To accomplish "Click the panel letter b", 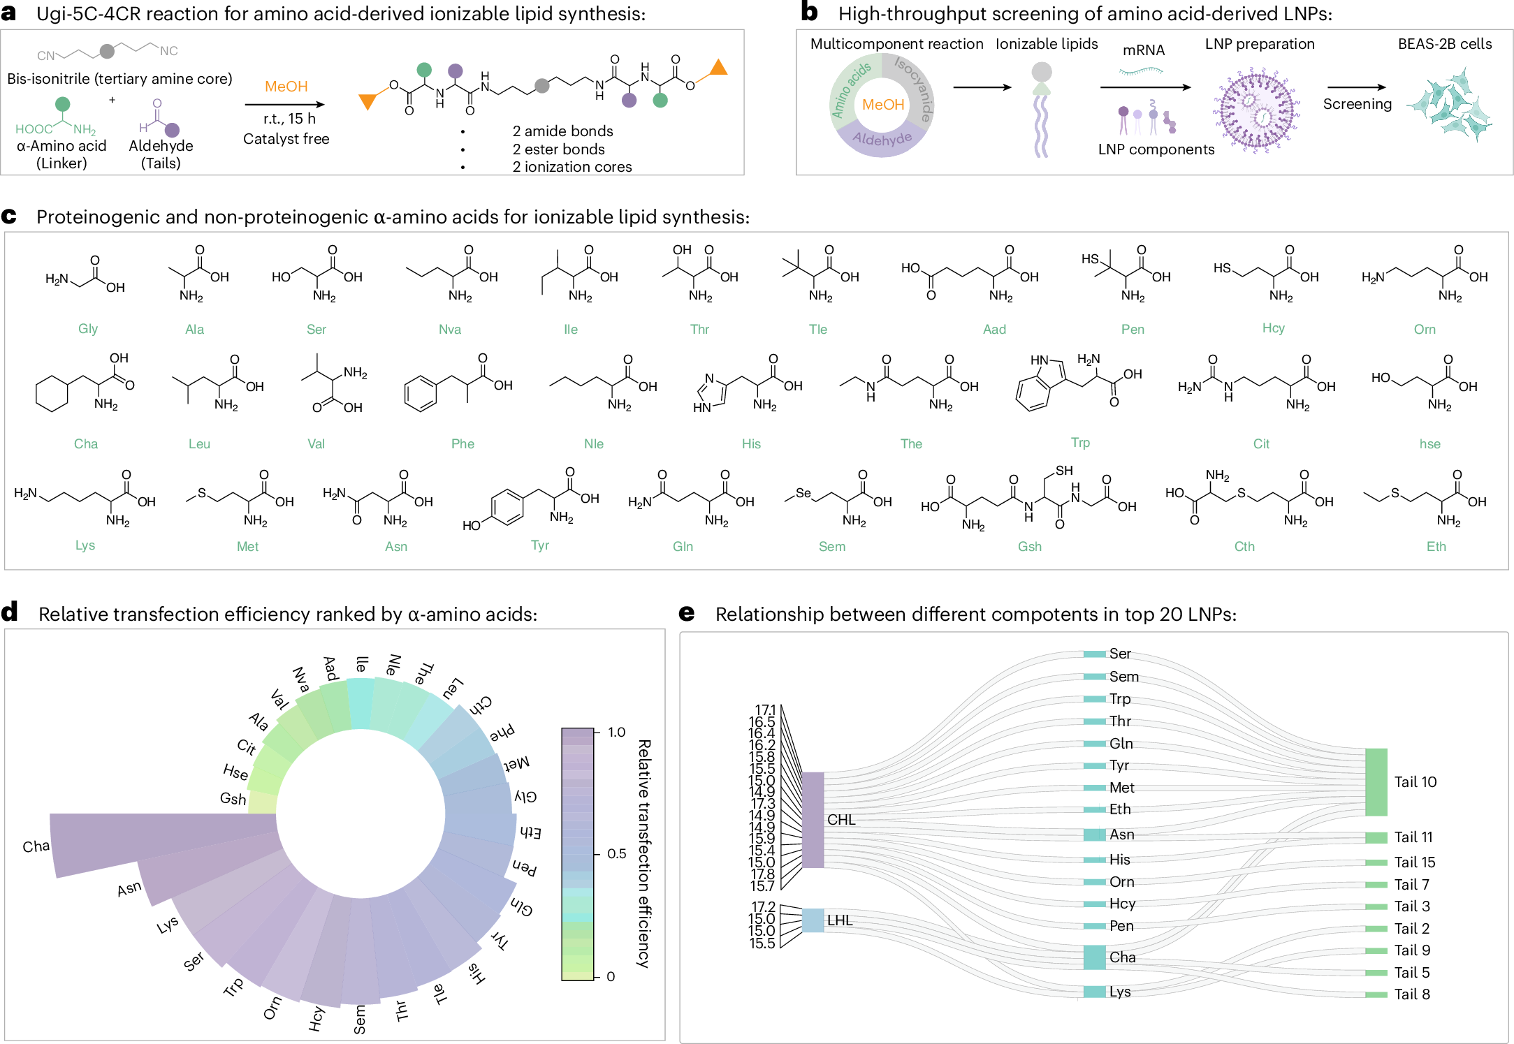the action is tap(809, 12).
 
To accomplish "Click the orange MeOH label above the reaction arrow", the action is tap(286, 87).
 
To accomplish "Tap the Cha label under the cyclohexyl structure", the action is tap(86, 444).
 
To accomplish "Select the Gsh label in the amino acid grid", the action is tap(1030, 547).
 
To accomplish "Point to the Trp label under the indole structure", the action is tap(1080, 443).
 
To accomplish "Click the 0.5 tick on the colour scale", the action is tap(616, 854).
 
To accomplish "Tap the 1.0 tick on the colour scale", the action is tap(616, 733).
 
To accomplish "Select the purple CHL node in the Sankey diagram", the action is tap(813, 820).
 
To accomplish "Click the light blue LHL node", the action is tap(813, 920).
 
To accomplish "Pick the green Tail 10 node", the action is tap(1376, 782).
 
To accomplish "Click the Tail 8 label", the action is tap(1412, 994).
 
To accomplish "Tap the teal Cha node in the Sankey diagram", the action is tap(1094, 957).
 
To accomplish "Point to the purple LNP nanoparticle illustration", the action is tap(1256, 110).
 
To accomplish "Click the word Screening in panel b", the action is tap(1357, 104).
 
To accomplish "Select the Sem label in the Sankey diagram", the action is tap(1124, 677).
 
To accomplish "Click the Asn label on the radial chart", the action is tap(129, 889).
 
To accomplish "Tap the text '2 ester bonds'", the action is tap(558, 149).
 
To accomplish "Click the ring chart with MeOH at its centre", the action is tap(882, 105).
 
